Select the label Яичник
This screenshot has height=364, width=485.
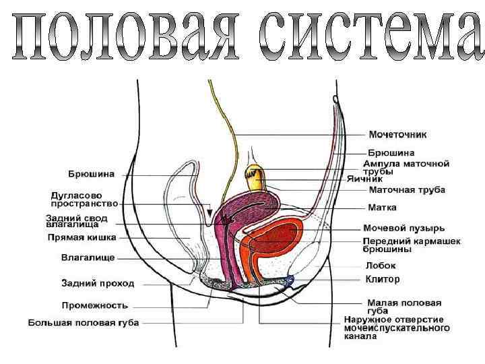point(384,179)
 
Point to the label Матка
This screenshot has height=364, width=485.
point(382,207)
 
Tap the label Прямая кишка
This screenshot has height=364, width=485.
point(82,237)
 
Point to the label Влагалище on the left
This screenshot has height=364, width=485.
point(88,257)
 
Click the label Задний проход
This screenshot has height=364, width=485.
point(98,283)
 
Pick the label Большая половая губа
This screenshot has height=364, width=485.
point(84,323)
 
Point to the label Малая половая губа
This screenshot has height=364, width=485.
point(404,307)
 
